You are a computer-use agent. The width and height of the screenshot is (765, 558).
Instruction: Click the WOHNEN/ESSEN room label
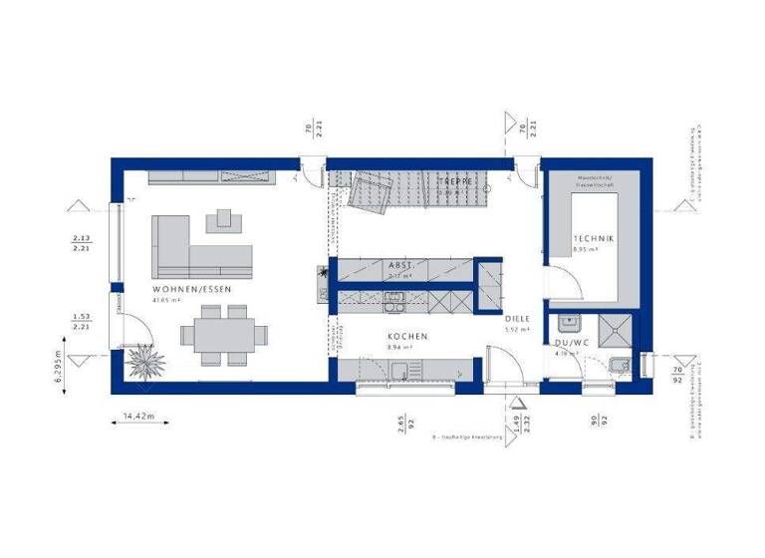coord(191,290)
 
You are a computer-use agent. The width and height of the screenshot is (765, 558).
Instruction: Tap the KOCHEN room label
coord(407,337)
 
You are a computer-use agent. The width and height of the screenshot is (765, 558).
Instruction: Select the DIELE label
coord(517,318)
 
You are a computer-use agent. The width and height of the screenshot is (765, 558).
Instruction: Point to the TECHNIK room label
coord(593,239)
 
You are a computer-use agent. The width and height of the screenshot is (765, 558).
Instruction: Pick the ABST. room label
coord(403,265)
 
